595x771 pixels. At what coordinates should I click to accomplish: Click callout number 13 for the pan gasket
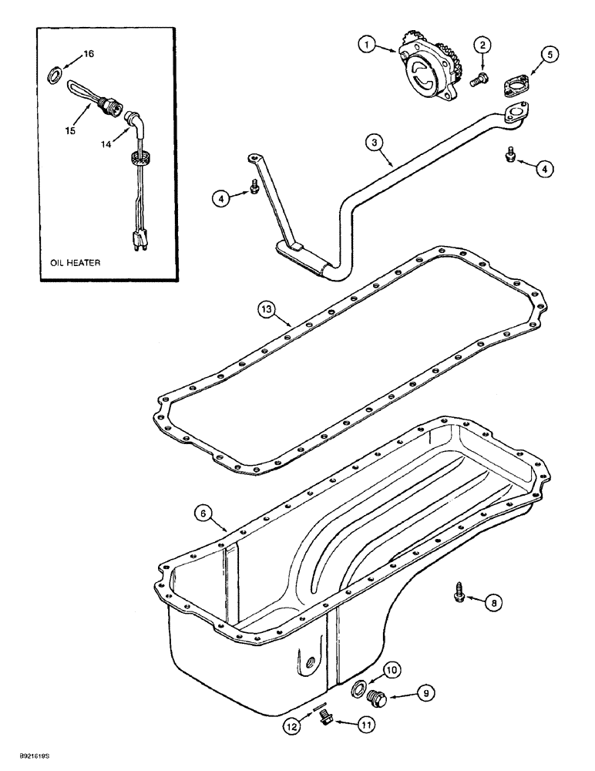(x=265, y=309)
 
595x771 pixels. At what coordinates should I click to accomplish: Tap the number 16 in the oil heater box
(x=89, y=54)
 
